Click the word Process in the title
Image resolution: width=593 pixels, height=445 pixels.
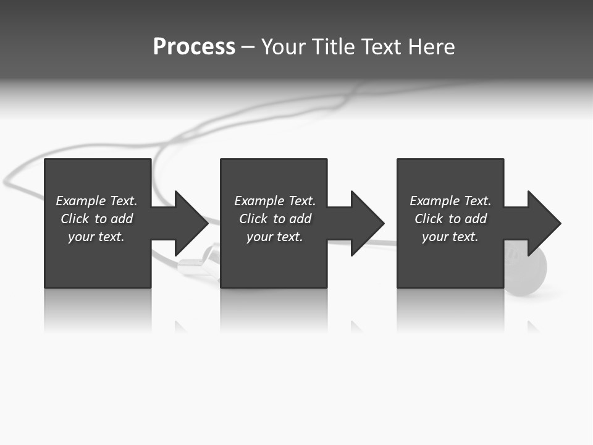tap(194, 47)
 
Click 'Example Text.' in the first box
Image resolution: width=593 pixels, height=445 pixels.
tap(96, 201)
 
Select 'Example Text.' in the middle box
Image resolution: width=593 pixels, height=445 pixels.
tap(274, 201)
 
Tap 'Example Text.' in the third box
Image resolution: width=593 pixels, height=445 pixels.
tap(450, 201)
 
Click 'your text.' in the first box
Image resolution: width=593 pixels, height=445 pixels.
tap(96, 237)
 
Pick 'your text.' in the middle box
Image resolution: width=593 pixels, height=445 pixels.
tap(274, 237)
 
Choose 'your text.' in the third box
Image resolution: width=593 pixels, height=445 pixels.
tap(450, 237)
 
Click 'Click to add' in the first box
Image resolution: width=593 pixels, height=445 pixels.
tap(96, 219)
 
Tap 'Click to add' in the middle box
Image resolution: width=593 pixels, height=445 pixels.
tap(274, 219)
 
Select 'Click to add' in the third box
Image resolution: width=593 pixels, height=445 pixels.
tap(450, 219)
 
